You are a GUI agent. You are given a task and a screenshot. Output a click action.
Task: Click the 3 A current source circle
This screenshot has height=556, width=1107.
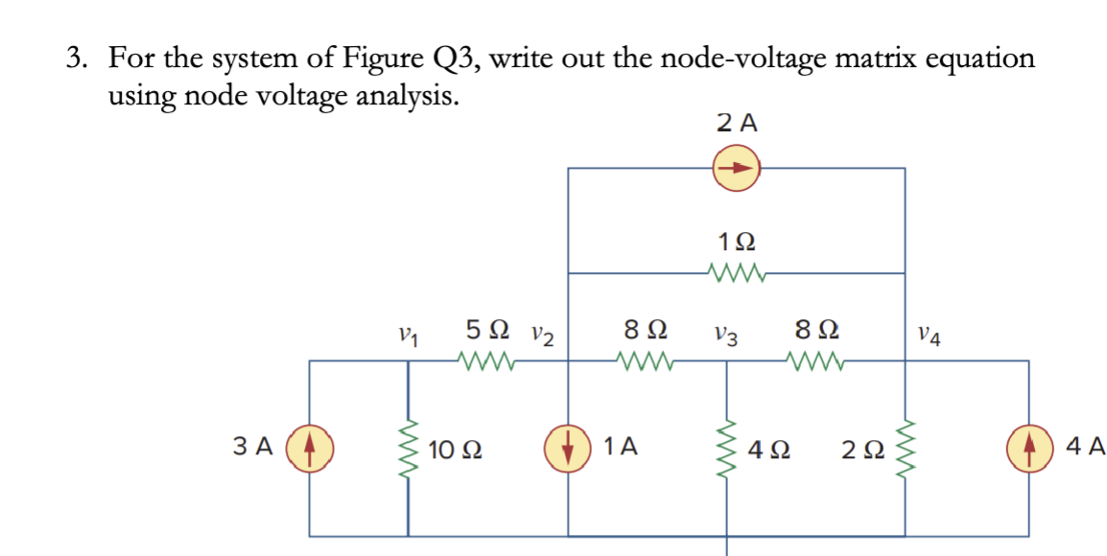coord(309,448)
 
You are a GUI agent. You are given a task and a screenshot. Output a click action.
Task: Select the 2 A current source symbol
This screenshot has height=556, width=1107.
coord(736,169)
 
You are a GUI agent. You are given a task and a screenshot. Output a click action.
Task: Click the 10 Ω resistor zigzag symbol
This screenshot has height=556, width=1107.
coord(410,448)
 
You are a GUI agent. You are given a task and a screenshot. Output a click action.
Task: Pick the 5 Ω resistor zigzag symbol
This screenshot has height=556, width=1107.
coord(488,362)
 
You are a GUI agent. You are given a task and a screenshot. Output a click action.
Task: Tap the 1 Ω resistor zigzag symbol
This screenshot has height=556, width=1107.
coord(736,274)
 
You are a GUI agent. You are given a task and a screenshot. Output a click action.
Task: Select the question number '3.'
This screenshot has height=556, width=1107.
coord(79,59)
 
